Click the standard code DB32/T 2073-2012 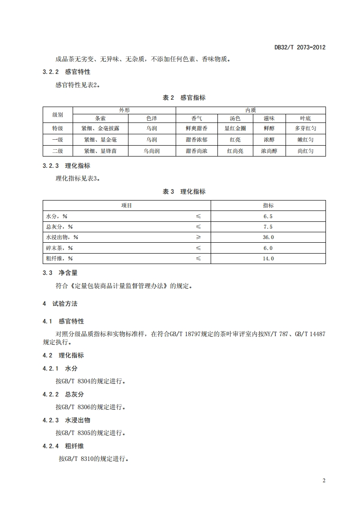pyautogui.click(x=300, y=47)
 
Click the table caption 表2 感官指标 pyautogui.click(x=184, y=98)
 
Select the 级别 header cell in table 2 pyautogui.click(x=58, y=114)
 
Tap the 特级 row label pyautogui.click(x=58, y=128)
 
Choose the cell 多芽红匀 pyautogui.click(x=305, y=128)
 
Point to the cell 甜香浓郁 pyautogui.click(x=197, y=140)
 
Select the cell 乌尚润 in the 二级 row pyautogui.click(x=152, y=151)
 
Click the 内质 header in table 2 pyautogui.click(x=251, y=110)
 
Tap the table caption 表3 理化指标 pyautogui.click(x=184, y=192)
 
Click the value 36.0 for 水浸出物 pyautogui.click(x=268, y=237)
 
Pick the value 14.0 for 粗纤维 pyautogui.click(x=268, y=259)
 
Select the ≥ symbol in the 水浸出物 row pyautogui.click(x=198, y=237)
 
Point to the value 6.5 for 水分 pyautogui.click(x=268, y=216)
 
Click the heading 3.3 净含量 pyautogui.click(x=60, y=273)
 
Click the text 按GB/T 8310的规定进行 pyautogui.click(x=93, y=459)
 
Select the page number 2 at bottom pyautogui.click(x=324, y=481)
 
